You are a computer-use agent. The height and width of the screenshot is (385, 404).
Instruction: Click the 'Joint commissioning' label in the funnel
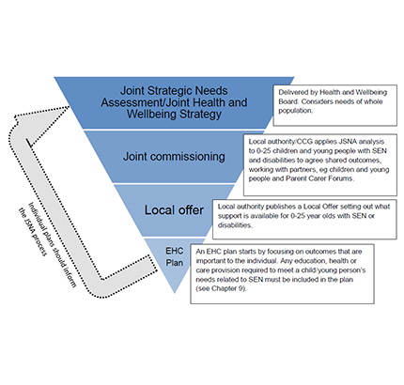[x=174, y=157]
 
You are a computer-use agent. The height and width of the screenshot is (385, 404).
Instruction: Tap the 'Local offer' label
[x=174, y=210]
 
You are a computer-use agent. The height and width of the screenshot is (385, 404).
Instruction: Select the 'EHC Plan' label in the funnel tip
[x=175, y=256]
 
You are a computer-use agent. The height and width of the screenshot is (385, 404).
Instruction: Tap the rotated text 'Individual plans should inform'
[x=53, y=245]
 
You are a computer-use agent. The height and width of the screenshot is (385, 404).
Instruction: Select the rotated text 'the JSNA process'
[x=33, y=232]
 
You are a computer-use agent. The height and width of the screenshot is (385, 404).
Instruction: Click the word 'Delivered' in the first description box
[x=293, y=92]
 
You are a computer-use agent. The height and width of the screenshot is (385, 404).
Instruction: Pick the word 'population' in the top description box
[x=295, y=111]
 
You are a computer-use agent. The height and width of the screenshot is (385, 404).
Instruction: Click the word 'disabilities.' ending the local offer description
[x=235, y=225]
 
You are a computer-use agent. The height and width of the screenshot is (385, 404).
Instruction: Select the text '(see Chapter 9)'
[x=222, y=288]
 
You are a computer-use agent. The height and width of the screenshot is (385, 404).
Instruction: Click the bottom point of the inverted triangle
[x=175, y=293]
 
